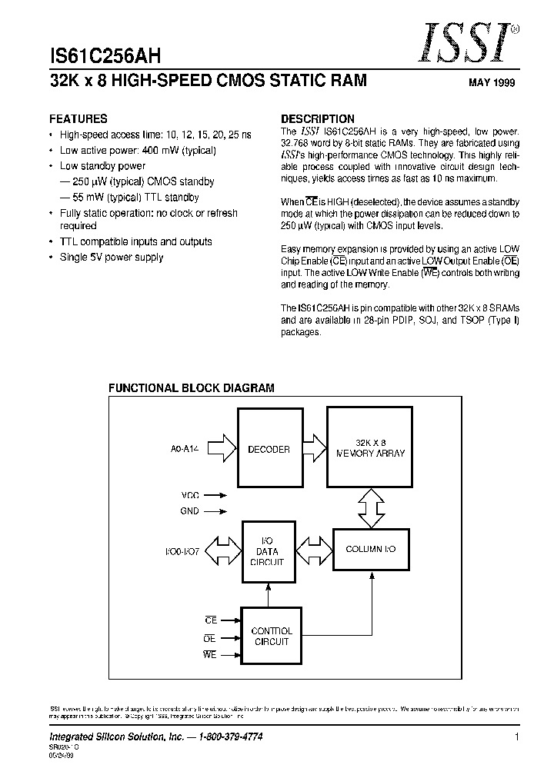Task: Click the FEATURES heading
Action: (x=78, y=119)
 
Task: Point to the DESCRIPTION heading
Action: (x=318, y=119)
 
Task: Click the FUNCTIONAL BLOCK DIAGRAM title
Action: (x=191, y=388)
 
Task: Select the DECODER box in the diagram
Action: (x=269, y=449)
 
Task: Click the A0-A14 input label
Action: (x=185, y=449)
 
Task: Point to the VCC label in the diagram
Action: (x=190, y=496)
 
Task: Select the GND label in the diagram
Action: (x=190, y=510)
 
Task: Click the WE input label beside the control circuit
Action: (x=210, y=654)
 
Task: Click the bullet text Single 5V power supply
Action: (x=112, y=258)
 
